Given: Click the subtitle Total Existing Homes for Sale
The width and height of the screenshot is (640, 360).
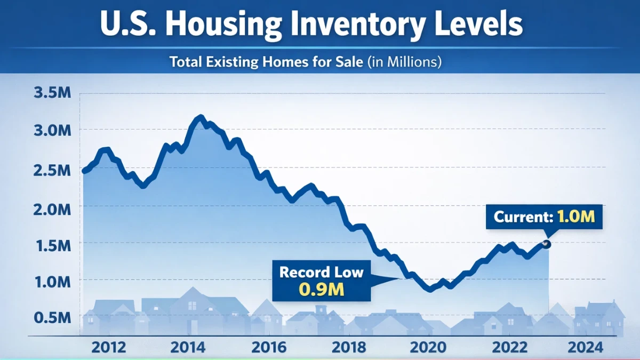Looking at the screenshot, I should tap(305, 62).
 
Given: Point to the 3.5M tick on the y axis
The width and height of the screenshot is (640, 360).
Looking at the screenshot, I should tap(52, 93).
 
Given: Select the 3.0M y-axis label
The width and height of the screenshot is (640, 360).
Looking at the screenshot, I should tap(52, 131).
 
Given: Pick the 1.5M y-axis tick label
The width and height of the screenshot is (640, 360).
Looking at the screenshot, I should tap(52, 245).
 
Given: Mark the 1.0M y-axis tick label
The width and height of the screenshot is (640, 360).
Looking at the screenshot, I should tap(52, 281).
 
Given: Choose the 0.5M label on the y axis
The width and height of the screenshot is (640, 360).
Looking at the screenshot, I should tap(52, 318).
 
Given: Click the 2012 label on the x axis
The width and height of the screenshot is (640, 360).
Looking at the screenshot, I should tap(109, 348).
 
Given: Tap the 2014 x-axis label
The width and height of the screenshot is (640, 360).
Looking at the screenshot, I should tap(188, 348).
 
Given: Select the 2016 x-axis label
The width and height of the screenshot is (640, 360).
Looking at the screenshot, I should tap(268, 348).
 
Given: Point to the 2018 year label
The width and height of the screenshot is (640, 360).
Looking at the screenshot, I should tap(349, 348).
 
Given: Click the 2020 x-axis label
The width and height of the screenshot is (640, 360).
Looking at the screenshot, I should tap(428, 348).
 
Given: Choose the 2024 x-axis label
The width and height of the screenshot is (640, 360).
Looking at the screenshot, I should tap(586, 348).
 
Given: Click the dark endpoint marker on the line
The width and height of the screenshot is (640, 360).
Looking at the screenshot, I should tap(546, 244).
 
